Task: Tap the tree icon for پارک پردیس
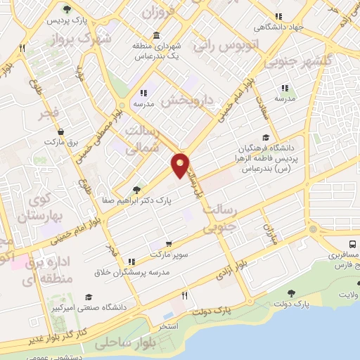click(x=65, y=10)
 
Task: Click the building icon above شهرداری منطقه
click(x=155, y=35)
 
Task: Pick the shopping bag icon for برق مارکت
click(x=62, y=131)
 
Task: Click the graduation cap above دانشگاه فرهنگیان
click(x=266, y=138)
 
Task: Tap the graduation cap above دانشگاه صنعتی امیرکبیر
click(x=88, y=297)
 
